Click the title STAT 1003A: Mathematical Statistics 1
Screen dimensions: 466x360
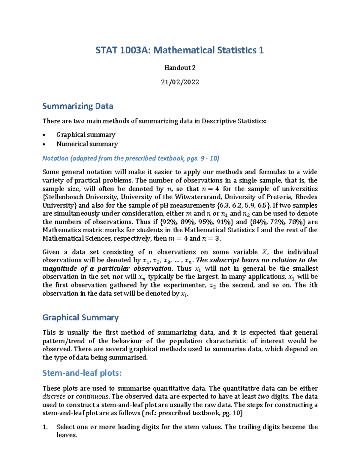[x=180, y=50]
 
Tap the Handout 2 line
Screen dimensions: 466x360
[x=180, y=68]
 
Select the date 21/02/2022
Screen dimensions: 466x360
[x=180, y=82]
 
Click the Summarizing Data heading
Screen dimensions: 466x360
[x=78, y=106]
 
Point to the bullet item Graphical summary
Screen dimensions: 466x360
[x=86, y=135]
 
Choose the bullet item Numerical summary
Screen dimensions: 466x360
[x=87, y=144]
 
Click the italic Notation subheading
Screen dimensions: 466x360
[x=131, y=158]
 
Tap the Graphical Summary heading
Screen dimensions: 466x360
[x=80, y=317]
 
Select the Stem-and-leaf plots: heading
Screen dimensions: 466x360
[x=82, y=373]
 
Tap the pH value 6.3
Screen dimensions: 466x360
[x=223, y=206]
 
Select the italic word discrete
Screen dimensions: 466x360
[x=54, y=397]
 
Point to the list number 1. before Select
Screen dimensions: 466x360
[x=45, y=427]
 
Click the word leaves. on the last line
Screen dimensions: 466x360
[x=67, y=435]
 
